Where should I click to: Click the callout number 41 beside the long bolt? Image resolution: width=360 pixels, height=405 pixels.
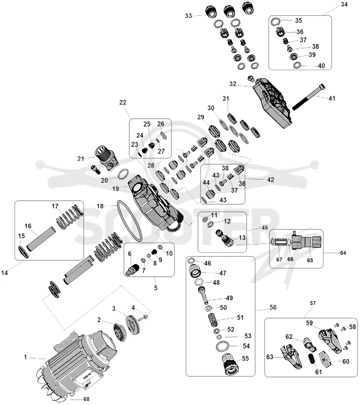332,99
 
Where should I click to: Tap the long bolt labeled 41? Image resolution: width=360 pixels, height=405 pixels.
308,97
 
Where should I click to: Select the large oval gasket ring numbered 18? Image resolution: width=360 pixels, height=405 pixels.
130,221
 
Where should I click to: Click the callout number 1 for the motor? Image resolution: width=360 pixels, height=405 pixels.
25,357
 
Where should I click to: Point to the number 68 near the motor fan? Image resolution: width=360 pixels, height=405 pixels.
86,399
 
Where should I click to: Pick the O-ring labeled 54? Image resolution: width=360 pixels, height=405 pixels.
222,346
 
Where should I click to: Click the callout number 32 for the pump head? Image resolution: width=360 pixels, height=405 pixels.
233,84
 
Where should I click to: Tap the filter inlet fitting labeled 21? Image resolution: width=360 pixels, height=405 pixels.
106,157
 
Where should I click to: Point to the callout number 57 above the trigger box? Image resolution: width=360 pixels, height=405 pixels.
313,303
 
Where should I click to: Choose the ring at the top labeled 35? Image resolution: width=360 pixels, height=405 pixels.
275,22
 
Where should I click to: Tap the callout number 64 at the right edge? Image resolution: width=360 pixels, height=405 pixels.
343,253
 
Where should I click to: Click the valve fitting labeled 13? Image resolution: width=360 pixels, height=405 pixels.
225,238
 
